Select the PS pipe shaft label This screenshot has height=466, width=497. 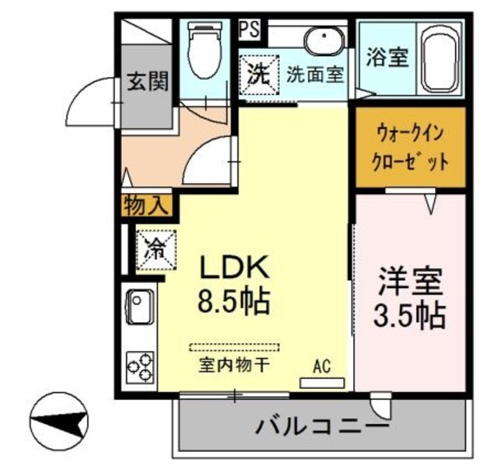point(249,29)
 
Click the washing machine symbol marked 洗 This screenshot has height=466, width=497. point(258,75)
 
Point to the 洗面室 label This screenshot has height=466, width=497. point(315,76)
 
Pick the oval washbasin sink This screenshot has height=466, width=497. point(320,41)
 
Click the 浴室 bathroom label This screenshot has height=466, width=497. point(387,59)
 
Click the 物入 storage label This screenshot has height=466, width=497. point(144,206)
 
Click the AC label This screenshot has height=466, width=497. point(321,366)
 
